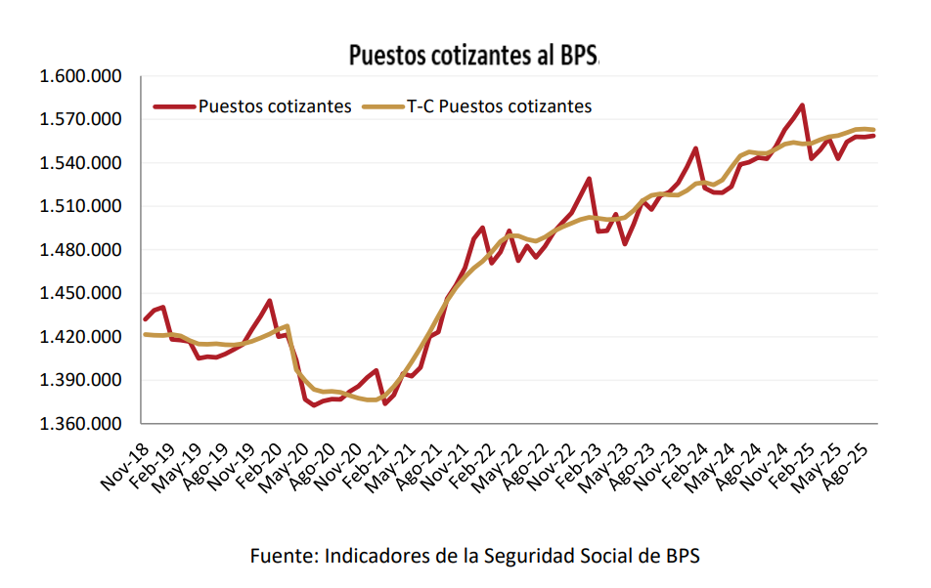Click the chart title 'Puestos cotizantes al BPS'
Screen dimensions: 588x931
pos(472,56)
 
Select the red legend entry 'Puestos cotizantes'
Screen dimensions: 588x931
pos(274,106)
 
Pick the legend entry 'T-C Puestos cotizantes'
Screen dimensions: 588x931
pos(499,106)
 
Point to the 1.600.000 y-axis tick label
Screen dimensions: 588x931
pos(80,76)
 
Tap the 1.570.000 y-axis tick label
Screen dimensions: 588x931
pos(80,120)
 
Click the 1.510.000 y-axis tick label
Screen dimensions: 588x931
pos(80,207)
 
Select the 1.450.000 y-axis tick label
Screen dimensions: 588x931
pos(80,294)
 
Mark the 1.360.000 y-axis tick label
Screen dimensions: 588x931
pos(80,424)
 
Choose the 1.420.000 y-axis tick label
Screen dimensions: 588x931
pos(80,337)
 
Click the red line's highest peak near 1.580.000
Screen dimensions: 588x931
pos(802,105)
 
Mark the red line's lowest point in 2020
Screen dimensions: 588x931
pos(314,404)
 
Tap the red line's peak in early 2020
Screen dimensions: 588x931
pos(270,301)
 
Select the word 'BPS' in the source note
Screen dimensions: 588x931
pos(681,557)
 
